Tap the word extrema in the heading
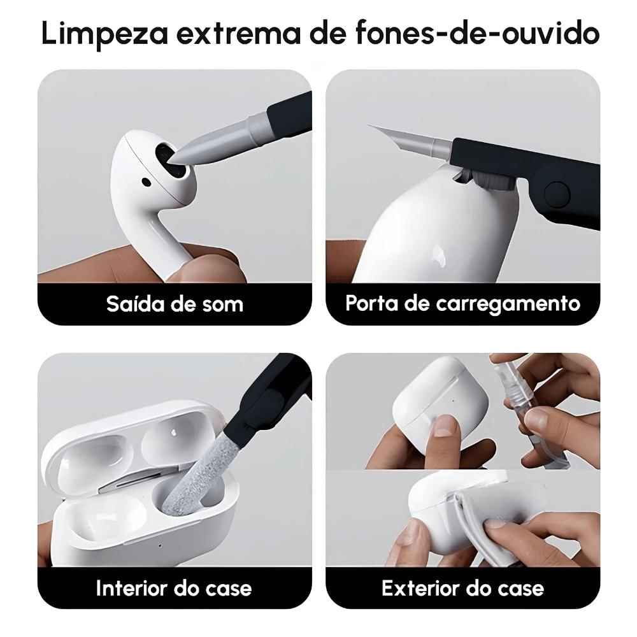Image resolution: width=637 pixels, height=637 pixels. pyautogui.click(x=238, y=34)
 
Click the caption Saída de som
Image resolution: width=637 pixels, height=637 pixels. pyautogui.click(x=175, y=304)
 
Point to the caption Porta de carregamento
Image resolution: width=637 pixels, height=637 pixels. pyautogui.click(x=462, y=303)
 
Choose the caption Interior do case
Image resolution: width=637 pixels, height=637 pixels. pyautogui.click(x=174, y=588)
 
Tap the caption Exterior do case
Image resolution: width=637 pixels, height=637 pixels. pyautogui.click(x=462, y=588)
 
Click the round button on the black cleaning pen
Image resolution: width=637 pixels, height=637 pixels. pyautogui.click(x=556, y=193)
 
